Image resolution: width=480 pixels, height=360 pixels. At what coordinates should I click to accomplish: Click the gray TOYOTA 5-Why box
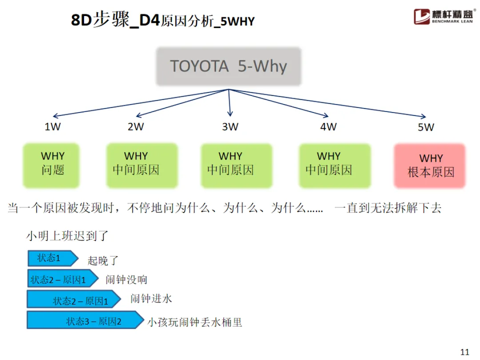coord(229,67)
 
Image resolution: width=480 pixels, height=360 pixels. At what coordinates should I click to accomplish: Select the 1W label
coord(52,127)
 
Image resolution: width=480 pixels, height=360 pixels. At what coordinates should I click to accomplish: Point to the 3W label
coord(230,127)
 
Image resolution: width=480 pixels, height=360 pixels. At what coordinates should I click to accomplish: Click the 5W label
coord(426,127)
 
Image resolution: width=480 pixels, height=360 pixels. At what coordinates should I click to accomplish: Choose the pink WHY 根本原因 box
coord(430,165)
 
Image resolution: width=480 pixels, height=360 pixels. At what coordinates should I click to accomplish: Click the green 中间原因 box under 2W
coord(136,164)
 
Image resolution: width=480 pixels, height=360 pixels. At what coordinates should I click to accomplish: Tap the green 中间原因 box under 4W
coord(328,164)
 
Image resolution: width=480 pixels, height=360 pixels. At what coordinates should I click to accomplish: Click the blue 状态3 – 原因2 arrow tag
coord(84,320)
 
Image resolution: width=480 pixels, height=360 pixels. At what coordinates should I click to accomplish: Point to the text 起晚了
coord(103,260)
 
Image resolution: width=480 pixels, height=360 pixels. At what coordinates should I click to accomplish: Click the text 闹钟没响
coord(126,280)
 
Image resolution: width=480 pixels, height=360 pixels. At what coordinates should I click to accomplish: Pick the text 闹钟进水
coord(151,299)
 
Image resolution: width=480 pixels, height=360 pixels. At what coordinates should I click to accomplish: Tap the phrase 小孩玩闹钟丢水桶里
coord(195,322)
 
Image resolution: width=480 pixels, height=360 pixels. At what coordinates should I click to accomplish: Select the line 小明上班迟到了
coord(67,235)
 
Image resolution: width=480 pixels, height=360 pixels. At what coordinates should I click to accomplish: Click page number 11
coord(465,352)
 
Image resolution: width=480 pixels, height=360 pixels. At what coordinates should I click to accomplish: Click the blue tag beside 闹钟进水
coord(73,300)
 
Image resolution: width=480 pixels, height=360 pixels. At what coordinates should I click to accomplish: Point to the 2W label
coord(136,127)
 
